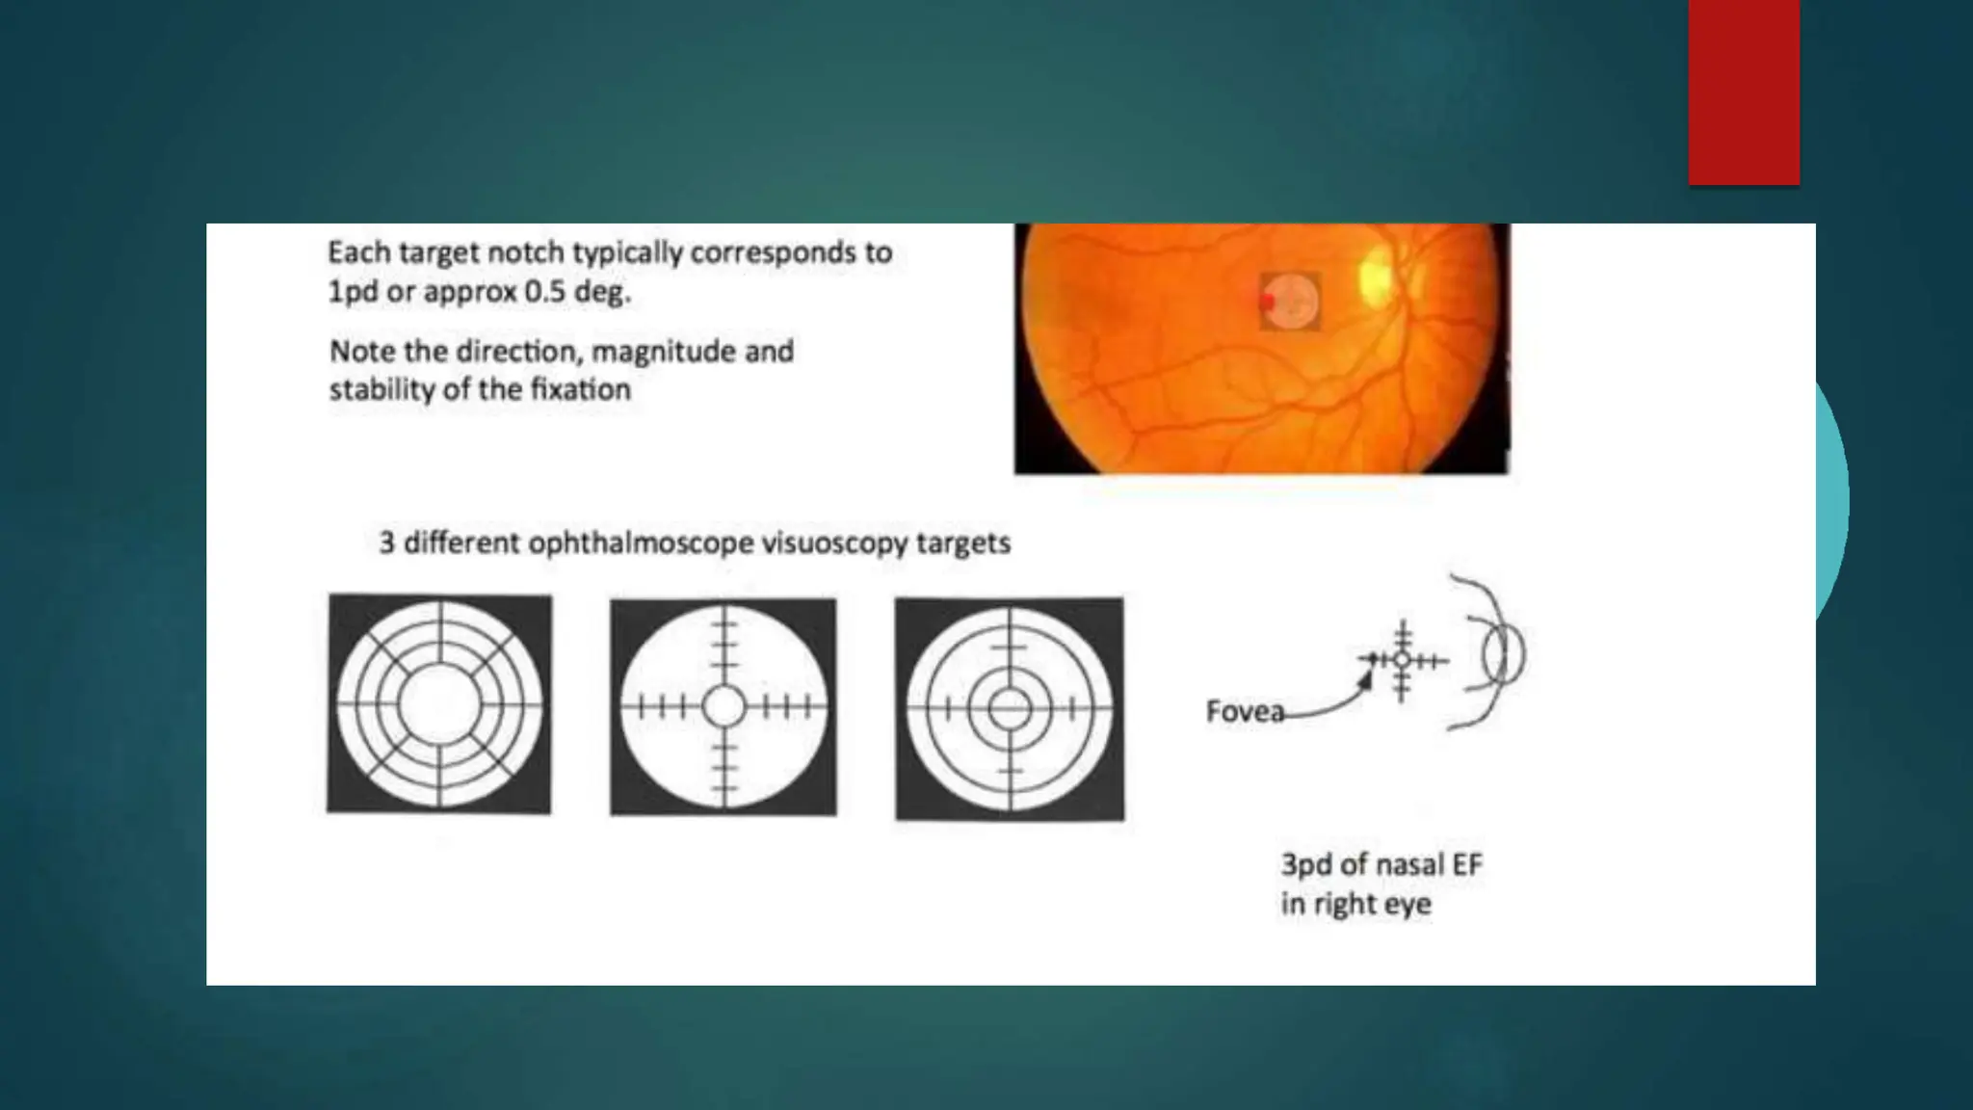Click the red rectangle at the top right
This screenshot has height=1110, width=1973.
coord(1744,92)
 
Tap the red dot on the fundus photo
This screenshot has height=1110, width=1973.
coord(1268,302)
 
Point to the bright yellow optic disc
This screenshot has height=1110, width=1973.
coord(1375,273)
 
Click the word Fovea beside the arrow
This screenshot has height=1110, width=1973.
coord(1245,712)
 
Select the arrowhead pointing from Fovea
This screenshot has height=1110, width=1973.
coord(1365,677)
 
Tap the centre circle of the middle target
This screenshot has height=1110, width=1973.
coord(723,707)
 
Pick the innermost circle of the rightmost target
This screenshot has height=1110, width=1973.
coord(1009,710)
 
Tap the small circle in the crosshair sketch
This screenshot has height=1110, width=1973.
coord(1403,660)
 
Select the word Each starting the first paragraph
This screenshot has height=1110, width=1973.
coord(358,252)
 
